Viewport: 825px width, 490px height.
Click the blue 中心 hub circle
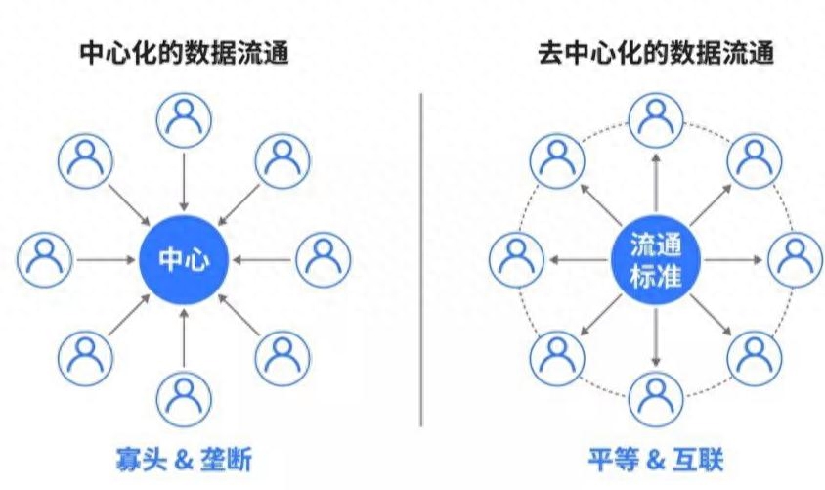(x=185, y=260)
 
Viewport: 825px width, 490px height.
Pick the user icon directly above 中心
(x=185, y=116)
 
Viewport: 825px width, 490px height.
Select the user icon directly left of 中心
(x=45, y=259)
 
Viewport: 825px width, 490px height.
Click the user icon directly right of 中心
(x=323, y=259)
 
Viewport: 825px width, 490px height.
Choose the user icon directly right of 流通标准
(x=795, y=259)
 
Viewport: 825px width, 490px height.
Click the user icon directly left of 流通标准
(x=515, y=259)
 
